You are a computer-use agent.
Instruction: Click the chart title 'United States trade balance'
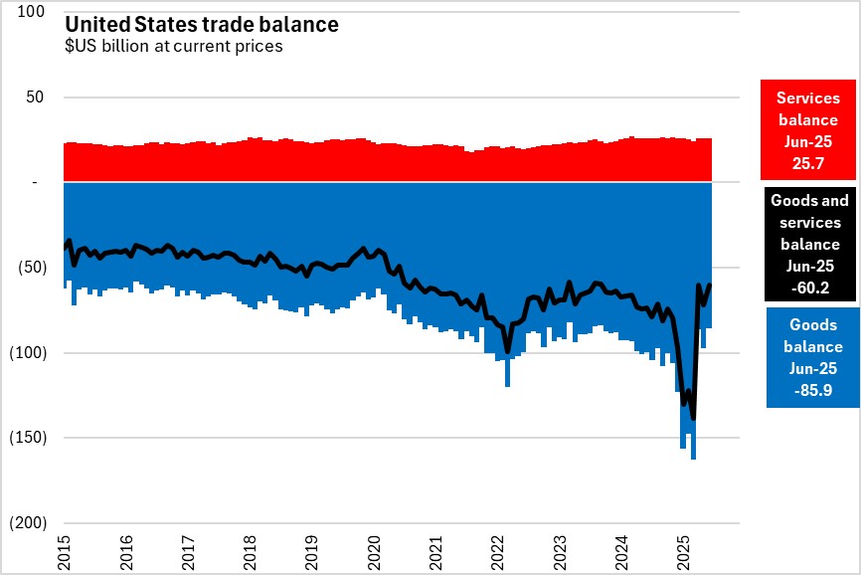(202, 24)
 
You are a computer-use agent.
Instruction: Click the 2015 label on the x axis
(65, 550)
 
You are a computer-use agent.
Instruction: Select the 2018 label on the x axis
(251, 550)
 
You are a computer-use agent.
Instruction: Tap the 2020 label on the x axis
(375, 550)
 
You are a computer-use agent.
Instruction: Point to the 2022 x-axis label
(498, 550)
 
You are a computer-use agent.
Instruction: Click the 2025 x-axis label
(684, 550)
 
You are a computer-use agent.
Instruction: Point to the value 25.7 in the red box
(809, 160)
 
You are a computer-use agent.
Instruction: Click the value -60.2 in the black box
(809, 288)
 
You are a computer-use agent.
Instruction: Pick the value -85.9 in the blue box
(813, 390)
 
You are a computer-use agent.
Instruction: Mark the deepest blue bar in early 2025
(693, 453)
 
